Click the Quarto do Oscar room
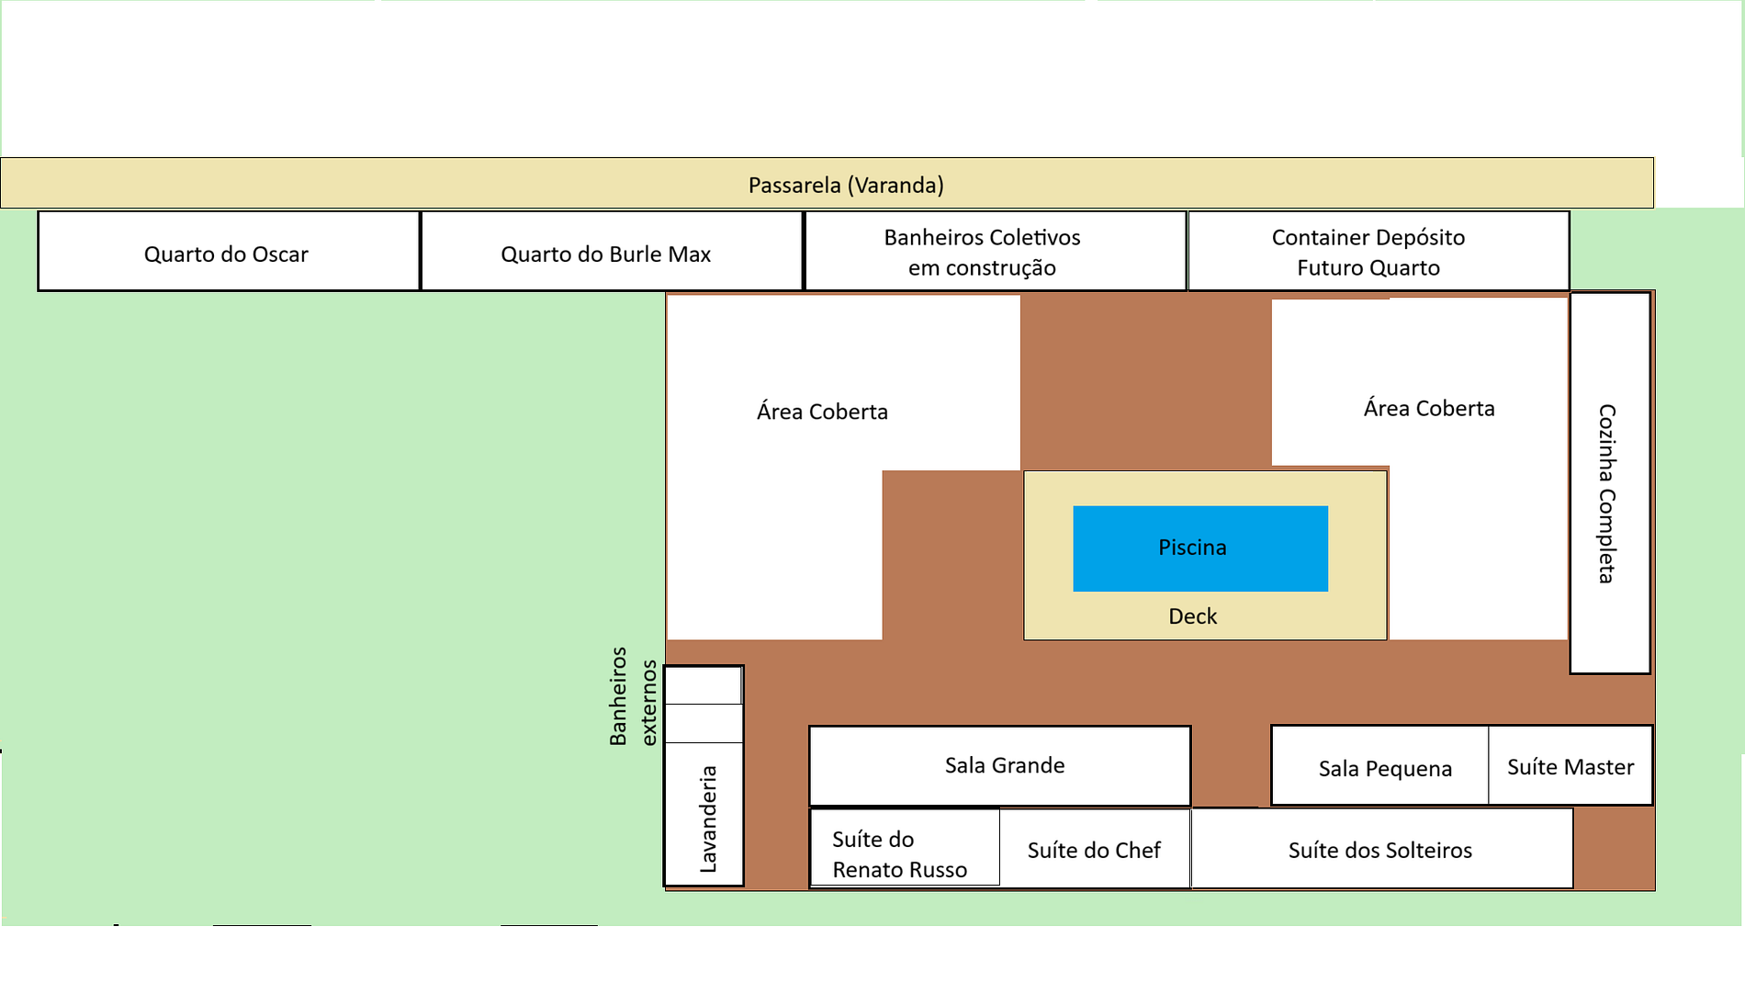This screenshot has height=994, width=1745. click(x=228, y=253)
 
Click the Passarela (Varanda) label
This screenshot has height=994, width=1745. click(x=846, y=185)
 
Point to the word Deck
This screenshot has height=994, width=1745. click(x=1192, y=616)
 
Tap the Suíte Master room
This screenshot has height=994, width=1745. click(x=1570, y=766)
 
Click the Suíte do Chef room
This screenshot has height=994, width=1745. click(x=1094, y=849)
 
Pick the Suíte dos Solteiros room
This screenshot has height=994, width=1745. click(x=1380, y=849)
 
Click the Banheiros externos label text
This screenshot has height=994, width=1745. click(x=633, y=696)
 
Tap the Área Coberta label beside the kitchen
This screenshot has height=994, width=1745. click(x=1428, y=408)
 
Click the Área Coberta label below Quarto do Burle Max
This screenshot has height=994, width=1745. click(x=822, y=412)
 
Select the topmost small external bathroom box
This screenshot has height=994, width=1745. click(x=703, y=685)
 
